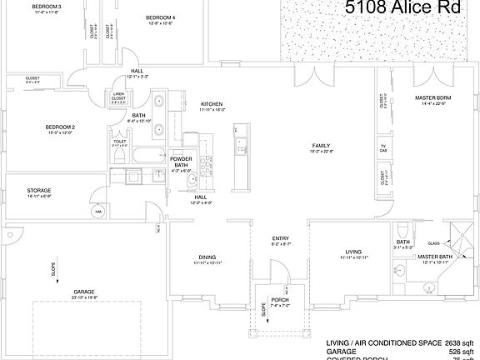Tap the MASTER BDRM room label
(x=432, y=97)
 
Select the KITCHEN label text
(x=212, y=103)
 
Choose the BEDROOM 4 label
(x=160, y=17)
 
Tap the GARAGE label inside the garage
(x=84, y=292)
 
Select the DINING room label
(x=207, y=257)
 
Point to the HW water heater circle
(x=97, y=212)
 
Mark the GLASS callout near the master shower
(x=434, y=243)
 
